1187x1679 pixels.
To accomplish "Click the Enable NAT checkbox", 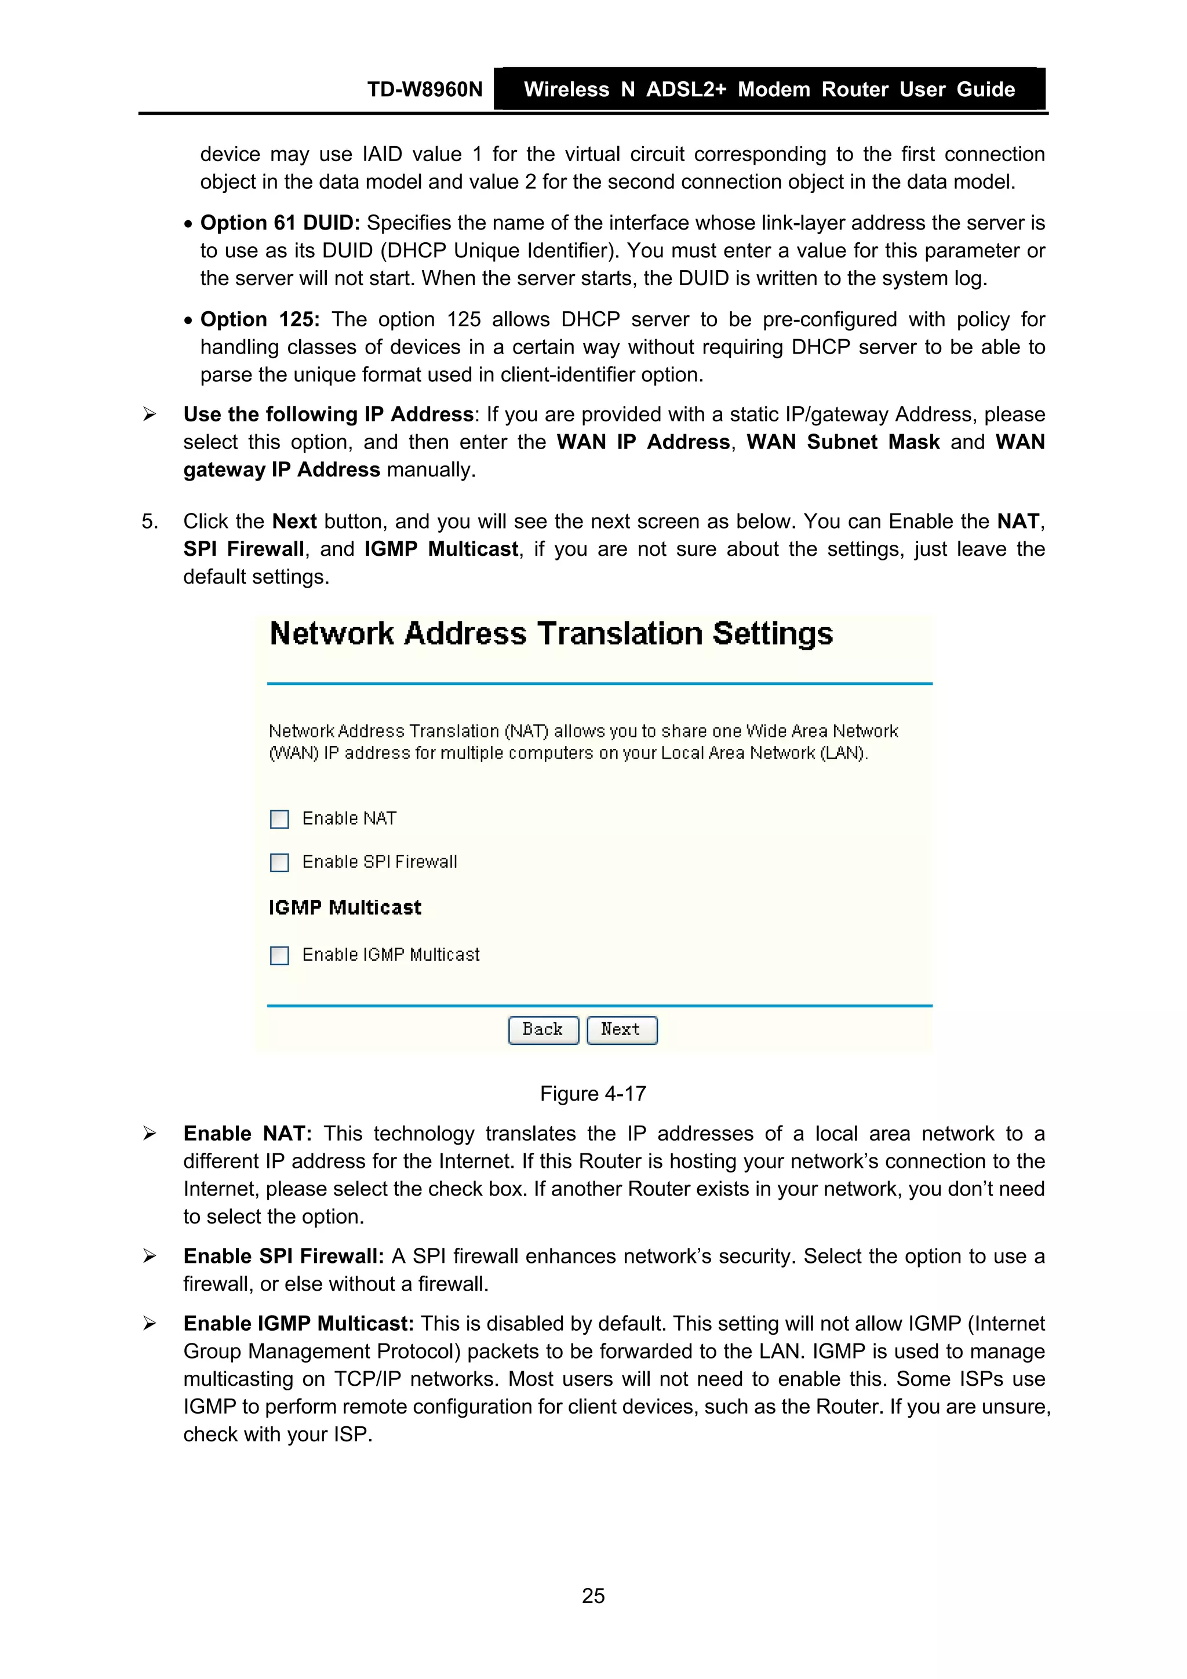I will (279, 819).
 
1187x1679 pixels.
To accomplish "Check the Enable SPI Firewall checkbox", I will (279, 863).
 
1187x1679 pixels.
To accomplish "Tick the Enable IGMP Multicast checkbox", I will (279, 956).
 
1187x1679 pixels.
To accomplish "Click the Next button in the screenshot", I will (622, 1030).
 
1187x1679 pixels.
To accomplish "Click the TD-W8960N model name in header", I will (425, 90).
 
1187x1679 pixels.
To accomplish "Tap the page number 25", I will (593, 1596).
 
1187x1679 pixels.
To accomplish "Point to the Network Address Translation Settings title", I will (551, 634).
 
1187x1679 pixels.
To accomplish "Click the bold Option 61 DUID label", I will (280, 223).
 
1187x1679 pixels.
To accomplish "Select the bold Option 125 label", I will (260, 319).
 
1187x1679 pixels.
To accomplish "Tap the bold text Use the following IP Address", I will (329, 414).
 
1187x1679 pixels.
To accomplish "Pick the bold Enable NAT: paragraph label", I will (247, 1134).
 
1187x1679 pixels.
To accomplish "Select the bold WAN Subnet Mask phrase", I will (843, 442).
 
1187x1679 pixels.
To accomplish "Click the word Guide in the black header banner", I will (985, 90).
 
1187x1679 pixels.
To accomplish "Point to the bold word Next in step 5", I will (294, 522).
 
